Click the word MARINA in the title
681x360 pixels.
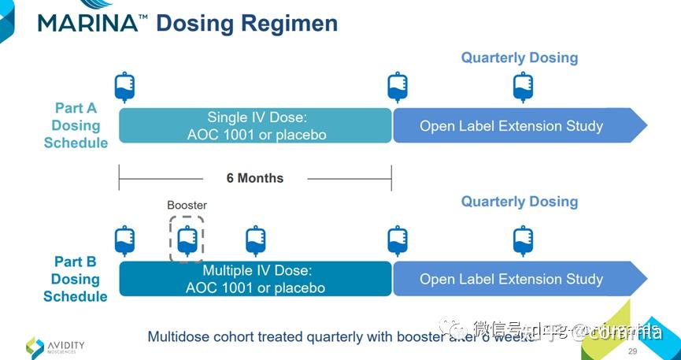click(87, 23)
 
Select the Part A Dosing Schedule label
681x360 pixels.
click(76, 125)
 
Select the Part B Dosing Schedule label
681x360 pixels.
click(76, 279)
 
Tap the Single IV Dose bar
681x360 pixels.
click(256, 125)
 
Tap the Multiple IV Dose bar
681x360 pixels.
click(256, 279)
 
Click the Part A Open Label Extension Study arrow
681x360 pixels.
click(512, 125)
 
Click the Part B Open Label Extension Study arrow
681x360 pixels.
click(512, 279)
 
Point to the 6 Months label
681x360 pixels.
click(255, 178)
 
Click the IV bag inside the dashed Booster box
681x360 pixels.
click(187, 240)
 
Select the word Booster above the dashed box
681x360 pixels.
click(187, 205)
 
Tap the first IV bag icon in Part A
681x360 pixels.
click(125, 87)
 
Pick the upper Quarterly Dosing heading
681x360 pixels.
click(520, 58)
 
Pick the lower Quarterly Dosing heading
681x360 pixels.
click(520, 202)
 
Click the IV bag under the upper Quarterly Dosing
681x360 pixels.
click(523, 87)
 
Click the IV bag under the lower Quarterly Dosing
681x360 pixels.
click(523, 240)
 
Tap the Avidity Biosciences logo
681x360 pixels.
click(55, 346)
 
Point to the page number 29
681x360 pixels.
click(632, 351)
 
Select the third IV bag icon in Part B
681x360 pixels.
click(255, 240)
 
